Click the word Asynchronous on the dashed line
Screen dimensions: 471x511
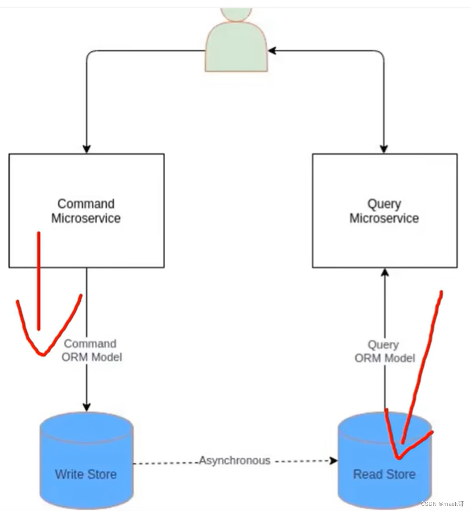(235, 460)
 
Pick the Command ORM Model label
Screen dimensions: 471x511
(92, 350)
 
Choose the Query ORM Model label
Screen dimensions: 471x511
(384, 351)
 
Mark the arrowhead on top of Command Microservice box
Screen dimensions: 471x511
(87, 149)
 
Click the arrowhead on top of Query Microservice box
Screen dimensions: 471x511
(384, 149)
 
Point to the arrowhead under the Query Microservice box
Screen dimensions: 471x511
(384, 273)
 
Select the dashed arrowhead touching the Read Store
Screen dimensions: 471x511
(334, 461)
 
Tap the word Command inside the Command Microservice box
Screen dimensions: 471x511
(86, 204)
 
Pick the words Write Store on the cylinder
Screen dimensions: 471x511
(86, 474)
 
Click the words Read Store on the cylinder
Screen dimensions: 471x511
(384, 474)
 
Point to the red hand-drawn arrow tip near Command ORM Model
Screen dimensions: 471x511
(43, 354)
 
